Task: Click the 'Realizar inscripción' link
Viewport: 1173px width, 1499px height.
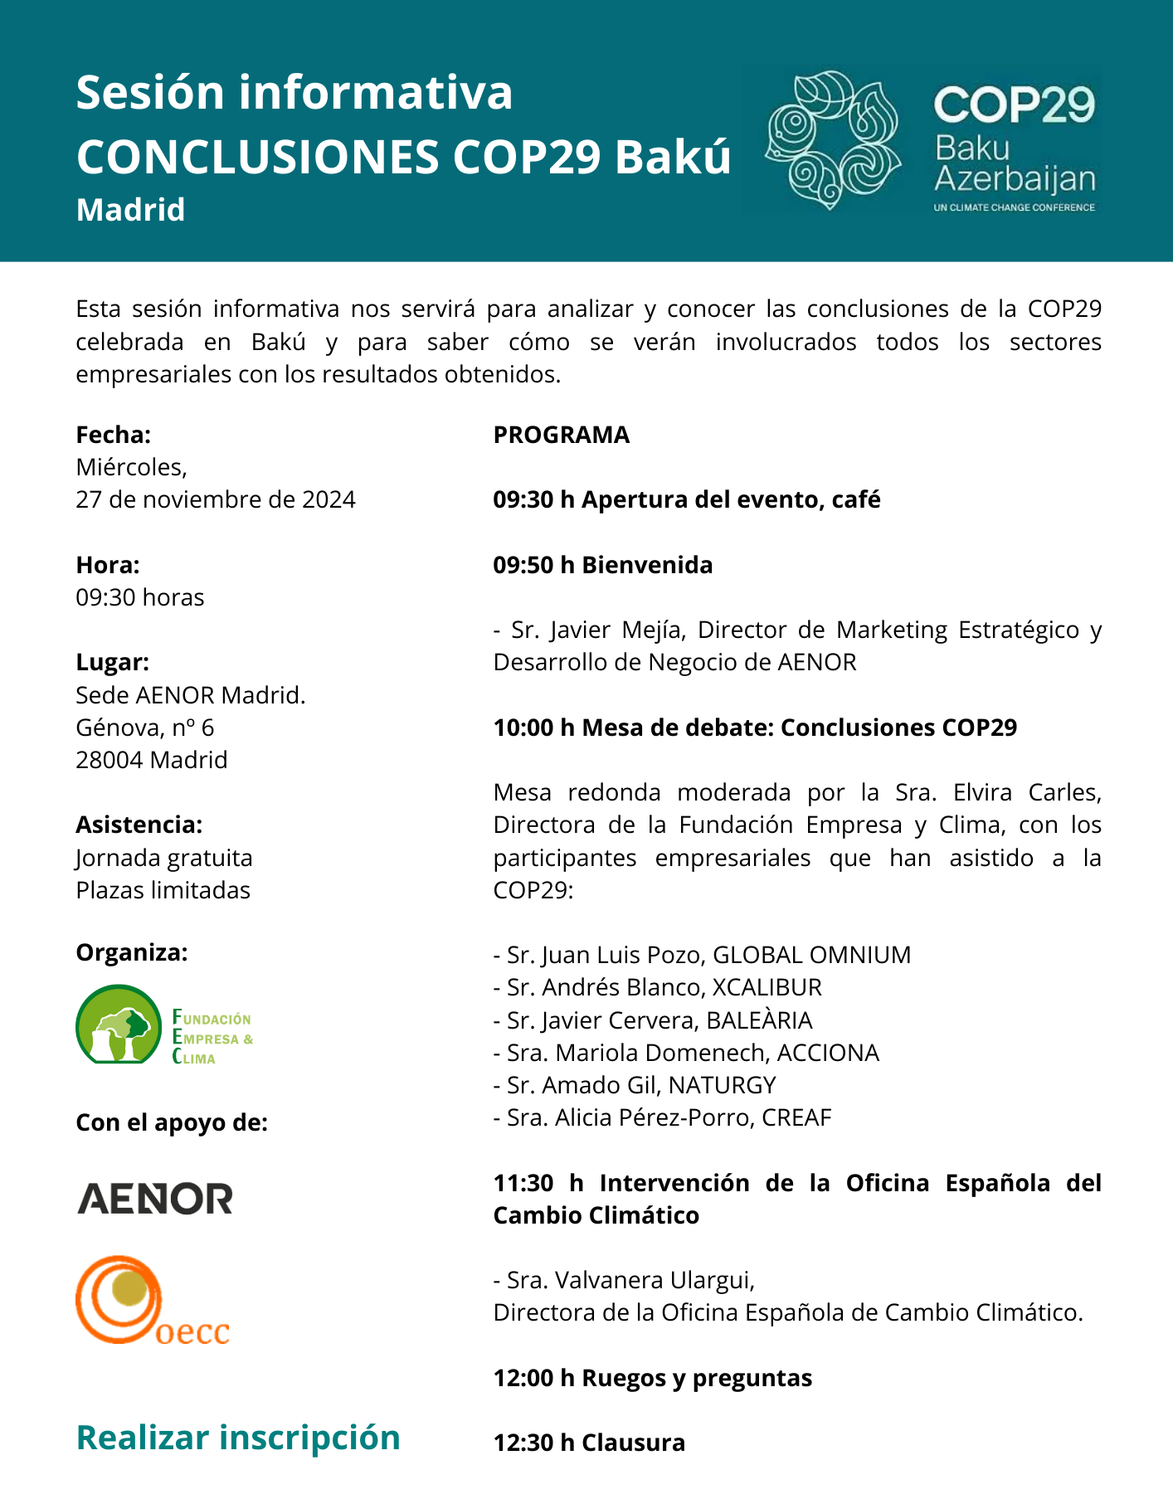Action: [238, 1438]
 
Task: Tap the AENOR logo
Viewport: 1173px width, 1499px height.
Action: [155, 1199]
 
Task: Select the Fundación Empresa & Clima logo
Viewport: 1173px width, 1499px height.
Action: [163, 1025]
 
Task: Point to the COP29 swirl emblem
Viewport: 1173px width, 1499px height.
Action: [833, 140]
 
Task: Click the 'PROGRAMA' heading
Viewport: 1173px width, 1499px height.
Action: [562, 435]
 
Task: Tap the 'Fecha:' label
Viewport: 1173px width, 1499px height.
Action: [113, 435]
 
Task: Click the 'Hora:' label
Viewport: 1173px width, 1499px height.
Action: [108, 565]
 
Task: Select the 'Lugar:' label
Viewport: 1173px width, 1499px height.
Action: [113, 662]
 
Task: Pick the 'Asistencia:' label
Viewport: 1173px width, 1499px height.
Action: [139, 825]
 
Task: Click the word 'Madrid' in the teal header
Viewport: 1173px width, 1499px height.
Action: [130, 210]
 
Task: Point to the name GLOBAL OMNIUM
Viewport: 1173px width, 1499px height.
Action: [811, 955]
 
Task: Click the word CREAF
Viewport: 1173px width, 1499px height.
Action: [796, 1117]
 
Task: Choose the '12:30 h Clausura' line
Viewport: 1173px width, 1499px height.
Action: [589, 1443]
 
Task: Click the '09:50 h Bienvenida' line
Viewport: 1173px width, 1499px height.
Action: [603, 565]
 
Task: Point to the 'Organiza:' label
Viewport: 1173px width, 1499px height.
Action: [132, 953]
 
